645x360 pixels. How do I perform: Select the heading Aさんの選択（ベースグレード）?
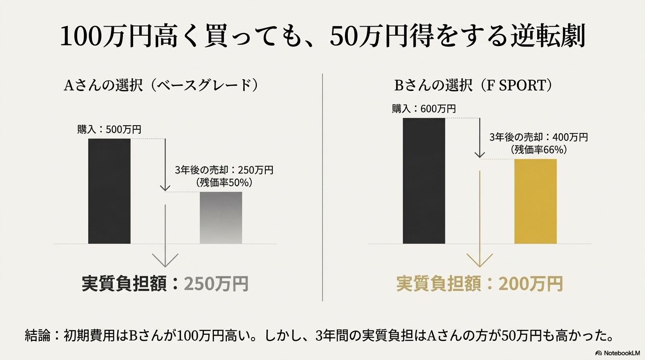pos(162,86)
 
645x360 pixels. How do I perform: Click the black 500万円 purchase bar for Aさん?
pos(109,191)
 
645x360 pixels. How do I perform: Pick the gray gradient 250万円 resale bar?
pos(221,217)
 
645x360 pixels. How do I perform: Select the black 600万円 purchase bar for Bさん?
pos(424,181)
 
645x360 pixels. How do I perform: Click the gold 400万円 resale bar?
pos(535,201)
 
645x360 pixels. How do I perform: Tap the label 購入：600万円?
pos(424,109)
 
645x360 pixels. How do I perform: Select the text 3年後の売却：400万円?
pos(538,137)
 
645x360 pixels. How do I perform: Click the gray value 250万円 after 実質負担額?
pos(216,284)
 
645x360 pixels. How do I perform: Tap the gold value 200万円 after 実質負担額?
pos(530,284)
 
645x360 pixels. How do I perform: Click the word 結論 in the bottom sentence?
pos(36,336)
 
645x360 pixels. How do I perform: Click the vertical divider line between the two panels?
pos(322,187)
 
